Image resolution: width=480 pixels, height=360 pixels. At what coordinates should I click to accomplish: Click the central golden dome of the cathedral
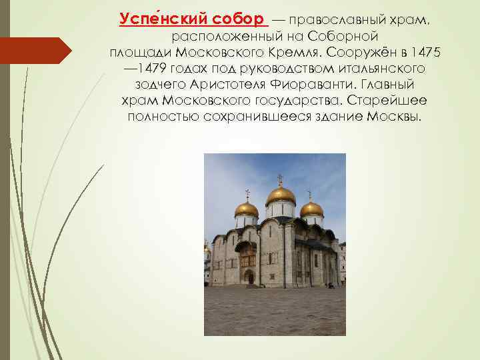(281, 195)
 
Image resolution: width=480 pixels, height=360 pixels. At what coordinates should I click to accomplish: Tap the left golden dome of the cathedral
(246, 209)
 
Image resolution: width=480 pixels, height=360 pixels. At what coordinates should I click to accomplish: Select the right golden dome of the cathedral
(311, 209)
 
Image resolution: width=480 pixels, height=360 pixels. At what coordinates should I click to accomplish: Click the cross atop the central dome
(280, 179)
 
